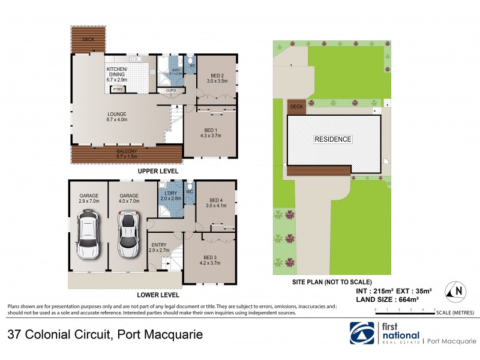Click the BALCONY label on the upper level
[x=127, y=152]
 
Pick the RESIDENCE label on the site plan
[x=333, y=139]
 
